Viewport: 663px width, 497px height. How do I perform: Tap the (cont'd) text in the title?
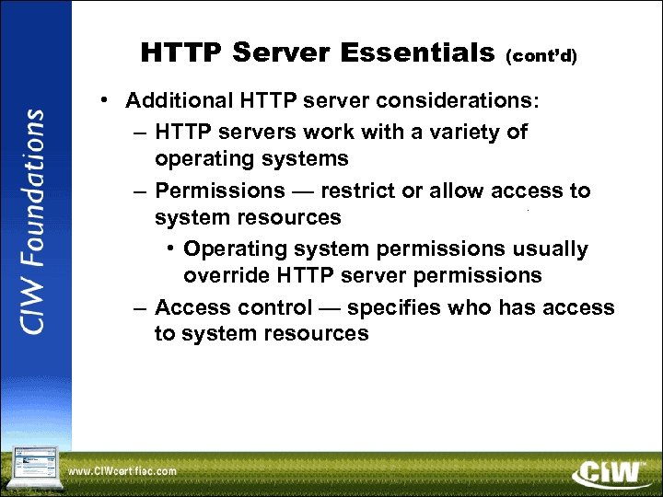pyautogui.click(x=541, y=56)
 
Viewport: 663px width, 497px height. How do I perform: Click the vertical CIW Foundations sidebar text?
pyautogui.click(x=35, y=222)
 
